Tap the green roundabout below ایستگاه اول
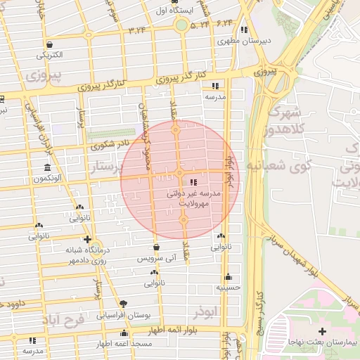click(182, 26)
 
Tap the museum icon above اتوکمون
click(47, 167)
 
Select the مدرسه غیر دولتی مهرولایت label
click(195, 196)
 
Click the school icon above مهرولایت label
click(193, 182)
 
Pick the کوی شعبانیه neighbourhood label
click(271, 164)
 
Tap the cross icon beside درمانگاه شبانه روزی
click(86, 239)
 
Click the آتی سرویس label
click(154, 259)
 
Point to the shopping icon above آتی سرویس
click(155, 247)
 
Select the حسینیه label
click(229, 288)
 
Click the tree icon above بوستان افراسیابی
click(124, 304)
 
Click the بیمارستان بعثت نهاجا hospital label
click(323, 342)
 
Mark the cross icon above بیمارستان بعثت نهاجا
click(322, 330)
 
